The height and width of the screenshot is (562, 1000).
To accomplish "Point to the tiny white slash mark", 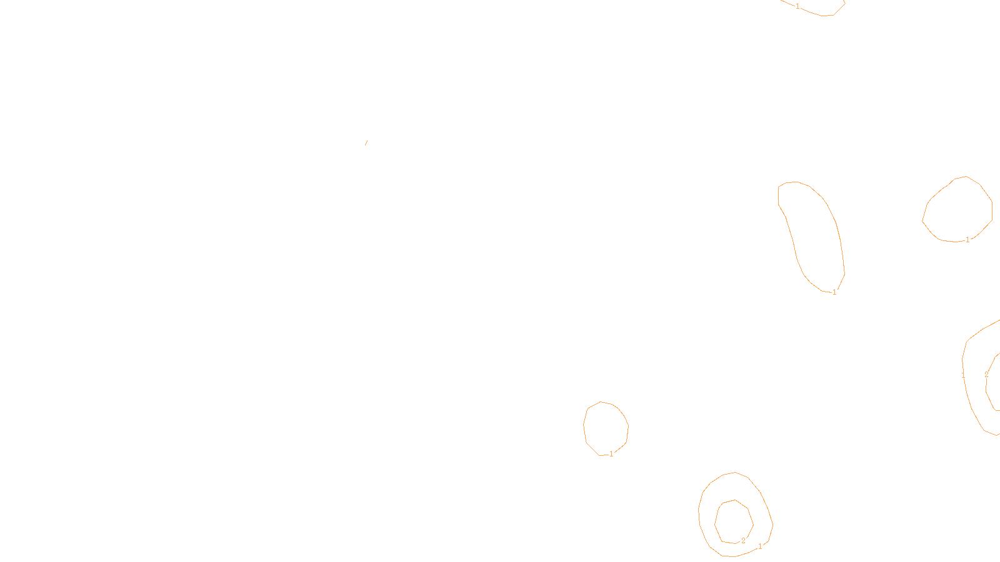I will tap(366, 143).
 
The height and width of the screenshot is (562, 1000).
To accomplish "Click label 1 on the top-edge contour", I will tap(797, 6).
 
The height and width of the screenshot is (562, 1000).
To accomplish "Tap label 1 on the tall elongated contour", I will tap(834, 292).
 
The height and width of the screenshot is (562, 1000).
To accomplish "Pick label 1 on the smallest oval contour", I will tap(611, 454).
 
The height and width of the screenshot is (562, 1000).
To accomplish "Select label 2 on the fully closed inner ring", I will tap(743, 541).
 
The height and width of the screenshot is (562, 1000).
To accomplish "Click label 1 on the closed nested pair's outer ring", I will tap(760, 546).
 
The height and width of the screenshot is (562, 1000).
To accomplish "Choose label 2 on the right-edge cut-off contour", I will tap(986, 375).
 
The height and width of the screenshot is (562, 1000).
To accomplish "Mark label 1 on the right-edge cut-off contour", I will tap(963, 375).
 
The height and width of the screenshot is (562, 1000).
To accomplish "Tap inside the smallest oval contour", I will tap(605, 428).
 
